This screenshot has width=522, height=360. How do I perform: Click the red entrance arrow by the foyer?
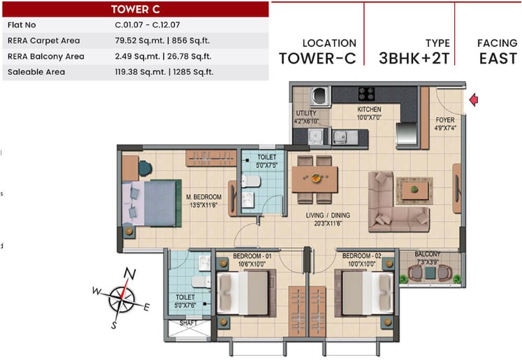tap(474, 100)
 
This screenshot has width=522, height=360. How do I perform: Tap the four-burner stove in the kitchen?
tap(366, 94)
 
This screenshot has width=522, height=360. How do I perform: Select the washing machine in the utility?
tap(320, 96)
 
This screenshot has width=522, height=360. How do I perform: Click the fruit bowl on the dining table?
tap(316, 178)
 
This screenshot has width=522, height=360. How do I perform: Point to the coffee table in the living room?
tap(414, 191)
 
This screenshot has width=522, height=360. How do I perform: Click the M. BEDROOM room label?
tap(204, 197)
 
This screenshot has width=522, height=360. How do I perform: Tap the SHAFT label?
tap(189, 323)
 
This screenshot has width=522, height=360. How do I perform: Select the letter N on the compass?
tap(129, 274)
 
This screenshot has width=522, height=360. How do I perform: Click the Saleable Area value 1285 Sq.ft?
tap(193, 72)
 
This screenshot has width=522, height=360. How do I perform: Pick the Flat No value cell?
tap(147, 24)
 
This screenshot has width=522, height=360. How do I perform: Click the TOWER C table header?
tap(136, 9)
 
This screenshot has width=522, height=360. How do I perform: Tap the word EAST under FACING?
tap(498, 59)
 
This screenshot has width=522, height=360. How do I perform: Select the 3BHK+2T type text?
tap(414, 59)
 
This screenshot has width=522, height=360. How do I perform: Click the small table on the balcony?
tap(430, 273)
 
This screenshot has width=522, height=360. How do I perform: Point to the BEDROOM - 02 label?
tap(362, 256)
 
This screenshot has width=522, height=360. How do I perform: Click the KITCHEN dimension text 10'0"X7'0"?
tap(369, 117)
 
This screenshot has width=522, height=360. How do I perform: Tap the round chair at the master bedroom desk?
tap(145, 168)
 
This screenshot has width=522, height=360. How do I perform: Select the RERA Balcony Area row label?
tap(46, 57)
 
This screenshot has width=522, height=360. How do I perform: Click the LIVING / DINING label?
tap(328, 215)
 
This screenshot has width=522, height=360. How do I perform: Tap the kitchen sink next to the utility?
tap(340, 136)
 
